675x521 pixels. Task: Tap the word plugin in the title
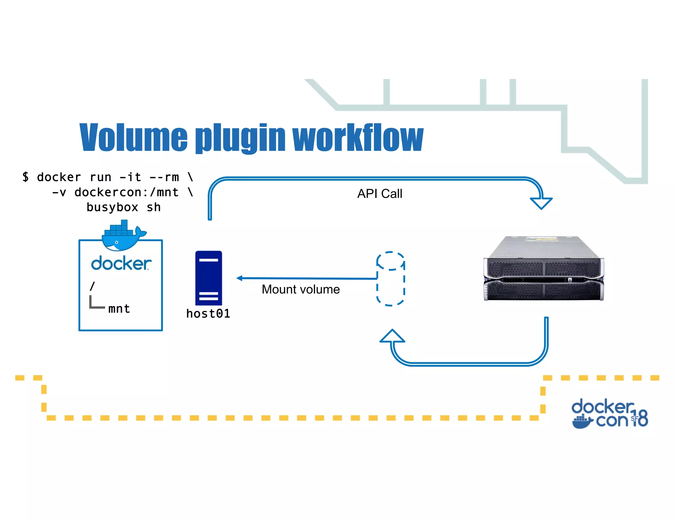pos(241,138)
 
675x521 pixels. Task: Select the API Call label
pos(380,194)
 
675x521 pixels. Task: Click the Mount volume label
pos(301,289)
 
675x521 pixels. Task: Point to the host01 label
pos(208,314)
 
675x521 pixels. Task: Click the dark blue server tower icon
pos(208,278)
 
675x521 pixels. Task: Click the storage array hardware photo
pos(543,269)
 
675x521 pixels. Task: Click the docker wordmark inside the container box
pos(121,263)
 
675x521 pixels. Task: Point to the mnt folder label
pos(119,309)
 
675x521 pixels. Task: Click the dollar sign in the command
pos(26,177)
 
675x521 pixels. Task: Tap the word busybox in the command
pos(112,207)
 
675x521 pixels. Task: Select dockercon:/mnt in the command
pos(127,192)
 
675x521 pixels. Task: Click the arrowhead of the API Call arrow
pos(541,203)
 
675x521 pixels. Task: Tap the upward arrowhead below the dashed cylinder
pos(392,337)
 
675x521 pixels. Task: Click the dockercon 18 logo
pos(609,414)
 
